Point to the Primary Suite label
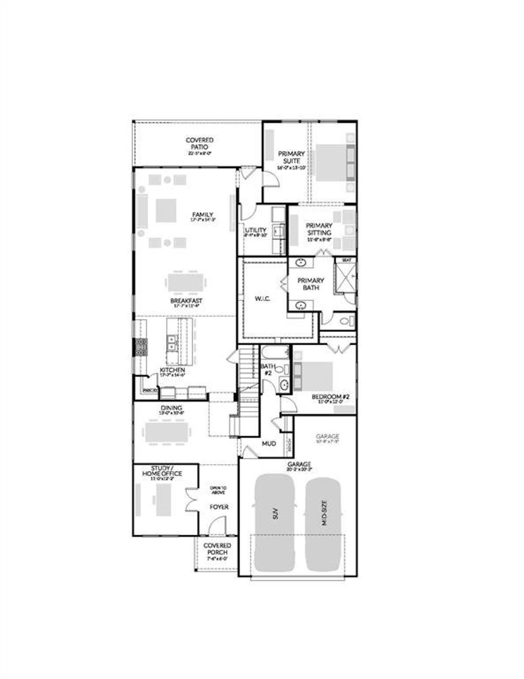point(291,157)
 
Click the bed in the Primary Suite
point(332,163)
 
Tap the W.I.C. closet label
point(262,299)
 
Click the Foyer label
point(219,507)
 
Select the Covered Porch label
point(217,549)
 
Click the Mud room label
point(269,444)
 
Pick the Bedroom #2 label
point(330,397)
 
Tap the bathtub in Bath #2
point(275,352)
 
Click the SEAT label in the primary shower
point(346,260)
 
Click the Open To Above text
point(218,490)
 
